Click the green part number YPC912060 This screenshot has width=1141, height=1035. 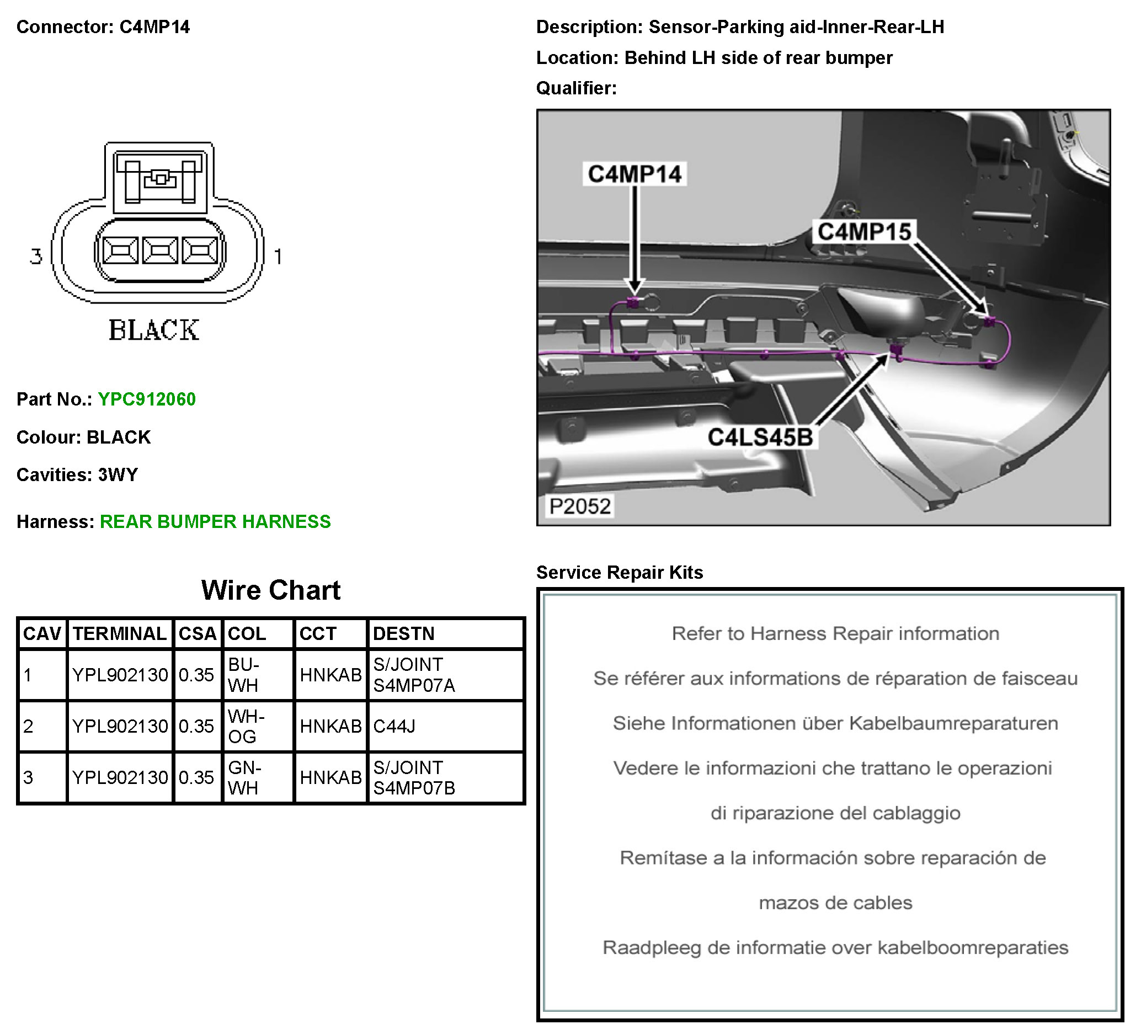tap(147, 399)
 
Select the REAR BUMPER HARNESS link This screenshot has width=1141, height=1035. tap(215, 522)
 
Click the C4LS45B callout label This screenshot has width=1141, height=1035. tap(760, 438)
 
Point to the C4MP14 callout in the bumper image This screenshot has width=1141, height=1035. tap(635, 174)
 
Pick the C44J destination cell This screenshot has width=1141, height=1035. tap(394, 727)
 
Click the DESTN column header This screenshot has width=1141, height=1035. tap(403, 634)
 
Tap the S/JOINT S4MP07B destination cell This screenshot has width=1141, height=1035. tap(414, 778)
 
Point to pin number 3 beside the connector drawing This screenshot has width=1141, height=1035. tap(36, 257)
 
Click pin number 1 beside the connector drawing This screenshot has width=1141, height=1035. tap(278, 257)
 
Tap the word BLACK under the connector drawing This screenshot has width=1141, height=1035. tap(154, 330)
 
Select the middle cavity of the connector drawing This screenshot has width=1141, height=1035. tap(160, 250)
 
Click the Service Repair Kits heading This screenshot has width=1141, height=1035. tap(619, 573)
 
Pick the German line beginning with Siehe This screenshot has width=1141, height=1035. tap(835, 724)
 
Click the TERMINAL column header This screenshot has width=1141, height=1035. tap(119, 634)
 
